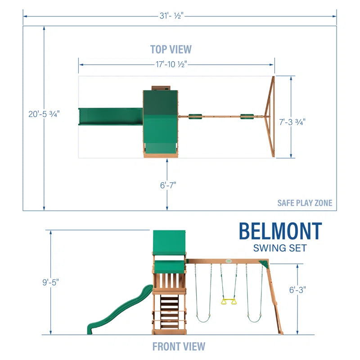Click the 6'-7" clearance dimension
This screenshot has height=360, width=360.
pos(167,184)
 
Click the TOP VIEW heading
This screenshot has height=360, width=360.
pos(171,49)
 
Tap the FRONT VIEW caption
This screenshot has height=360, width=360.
pos(179,346)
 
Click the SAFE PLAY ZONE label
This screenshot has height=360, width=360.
pos(305,203)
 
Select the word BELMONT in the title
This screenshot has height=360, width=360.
pos(280,231)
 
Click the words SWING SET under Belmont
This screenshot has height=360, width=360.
pos(280,247)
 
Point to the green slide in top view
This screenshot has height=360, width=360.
pos(110,117)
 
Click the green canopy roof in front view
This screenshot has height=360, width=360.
pos(169,242)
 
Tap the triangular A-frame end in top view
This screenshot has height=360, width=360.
pos(269,117)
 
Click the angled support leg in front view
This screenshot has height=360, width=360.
pos(275,301)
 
